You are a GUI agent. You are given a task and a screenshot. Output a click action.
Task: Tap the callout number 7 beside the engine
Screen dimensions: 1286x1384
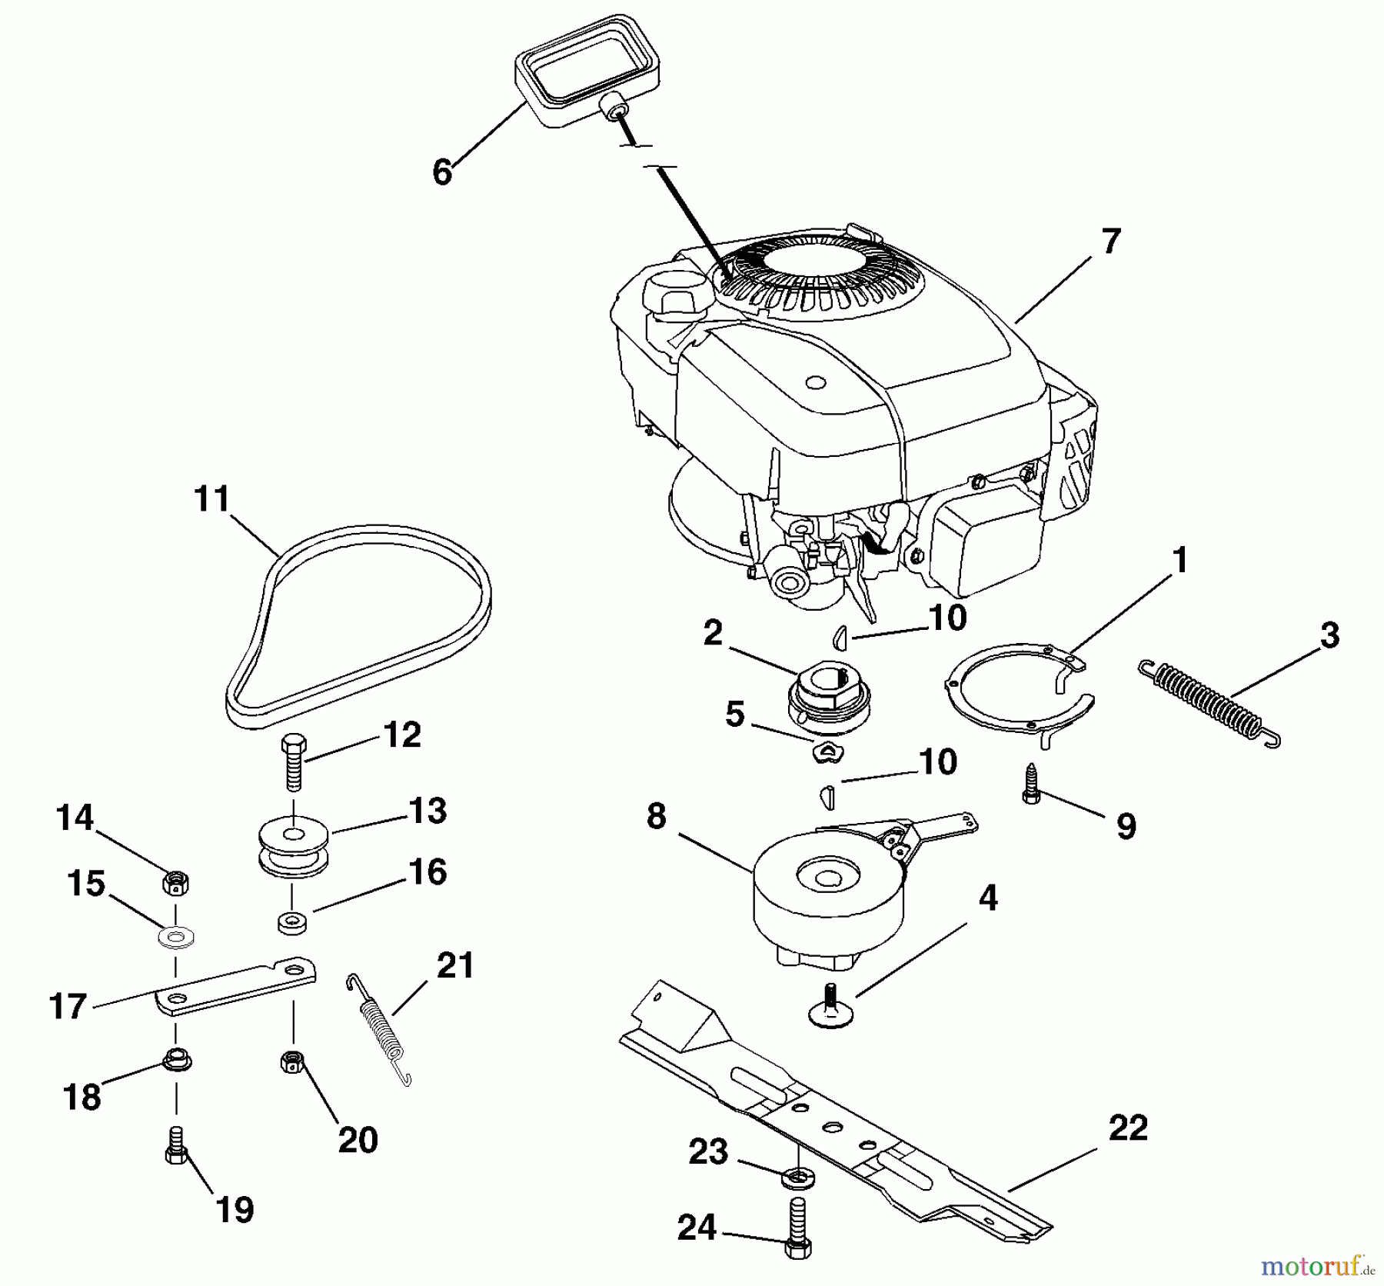(1110, 242)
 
